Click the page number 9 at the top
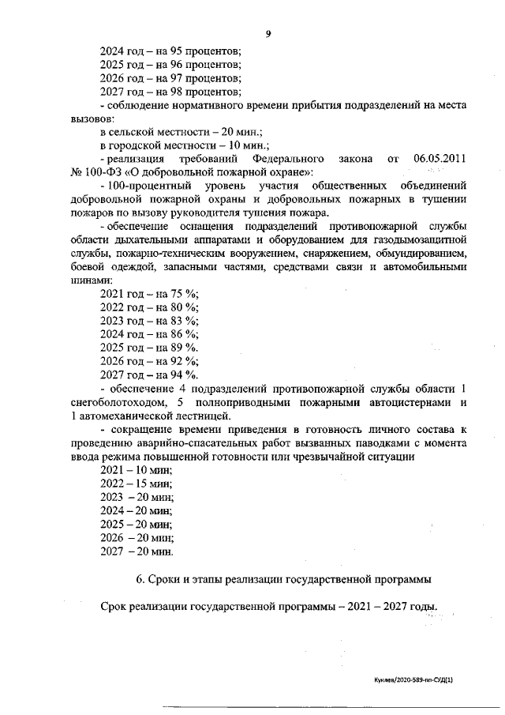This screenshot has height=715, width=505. tap(269, 32)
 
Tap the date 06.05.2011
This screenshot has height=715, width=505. tap(440, 158)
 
